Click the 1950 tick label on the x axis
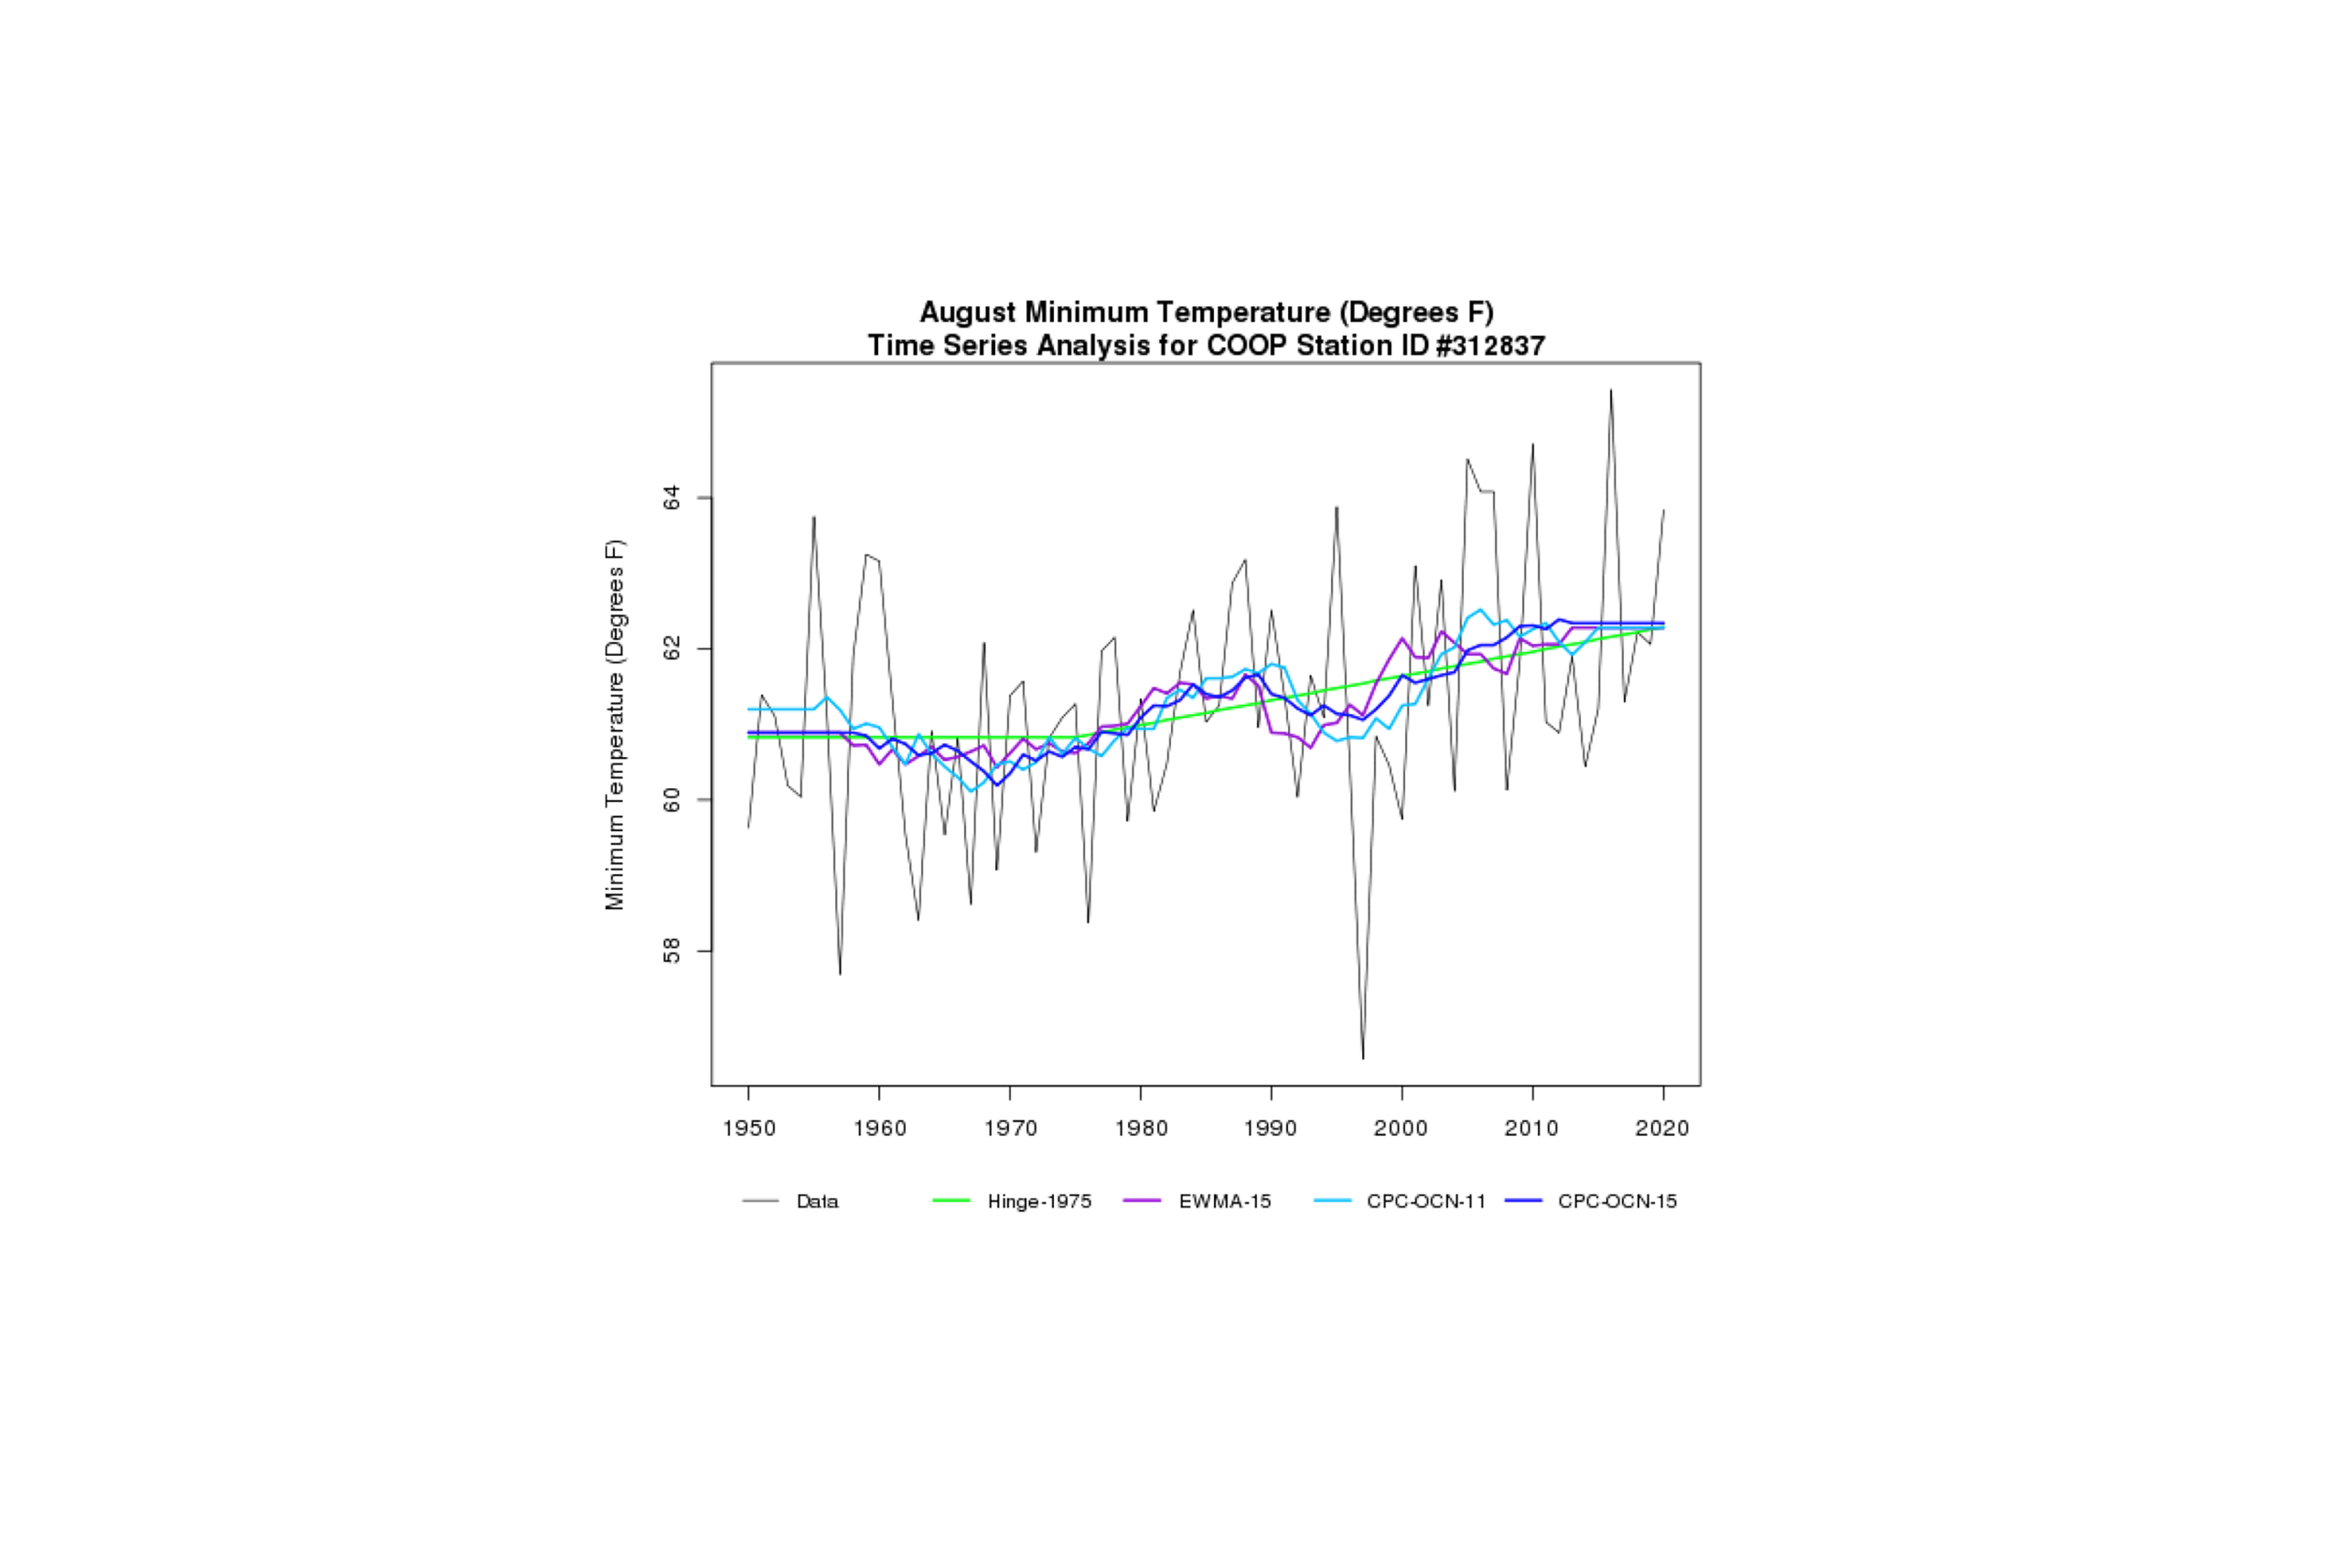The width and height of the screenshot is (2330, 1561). (749, 1128)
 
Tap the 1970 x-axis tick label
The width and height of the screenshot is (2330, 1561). (1010, 1128)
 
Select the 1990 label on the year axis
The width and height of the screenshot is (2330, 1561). (1271, 1128)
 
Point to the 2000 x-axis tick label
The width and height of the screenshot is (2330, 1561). (1401, 1128)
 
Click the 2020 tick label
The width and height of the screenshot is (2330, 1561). (1663, 1128)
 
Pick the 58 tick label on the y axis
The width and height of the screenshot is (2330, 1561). (672, 951)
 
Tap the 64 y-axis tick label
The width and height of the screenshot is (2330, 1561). (672, 497)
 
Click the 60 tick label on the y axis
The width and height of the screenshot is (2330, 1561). (672, 799)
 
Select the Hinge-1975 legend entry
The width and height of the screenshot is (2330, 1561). (1038, 1202)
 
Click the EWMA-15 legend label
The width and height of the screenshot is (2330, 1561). (1225, 1202)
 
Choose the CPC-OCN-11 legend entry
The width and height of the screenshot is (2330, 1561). (1426, 1202)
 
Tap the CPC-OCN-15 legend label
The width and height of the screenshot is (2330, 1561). (1617, 1202)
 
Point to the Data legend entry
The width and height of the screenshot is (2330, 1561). (818, 1202)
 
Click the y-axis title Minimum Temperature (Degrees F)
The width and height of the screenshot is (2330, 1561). (616, 725)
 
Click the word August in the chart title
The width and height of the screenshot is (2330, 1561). (968, 313)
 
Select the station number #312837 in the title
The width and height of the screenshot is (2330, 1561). (1489, 346)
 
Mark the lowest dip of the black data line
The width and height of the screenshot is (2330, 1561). (1363, 1057)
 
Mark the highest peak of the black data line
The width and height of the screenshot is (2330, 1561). (1610, 390)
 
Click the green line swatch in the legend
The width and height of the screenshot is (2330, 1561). (950, 1202)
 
